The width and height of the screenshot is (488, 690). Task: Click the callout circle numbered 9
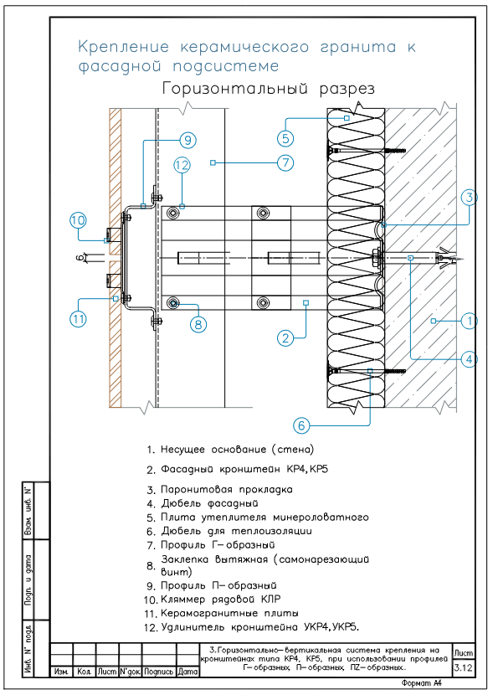tap(187, 141)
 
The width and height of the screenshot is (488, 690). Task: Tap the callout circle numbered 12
tap(182, 166)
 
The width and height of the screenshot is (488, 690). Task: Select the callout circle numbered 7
tap(285, 162)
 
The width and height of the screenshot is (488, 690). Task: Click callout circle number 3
tap(470, 198)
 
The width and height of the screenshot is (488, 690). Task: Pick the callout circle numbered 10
tap(79, 221)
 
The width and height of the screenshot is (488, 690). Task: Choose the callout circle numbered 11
tap(79, 319)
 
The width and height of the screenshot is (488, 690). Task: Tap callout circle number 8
tap(198, 324)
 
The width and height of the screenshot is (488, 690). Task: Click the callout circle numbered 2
tap(285, 338)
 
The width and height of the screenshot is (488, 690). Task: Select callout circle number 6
tap(301, 425)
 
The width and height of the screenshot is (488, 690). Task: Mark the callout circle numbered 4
tap(470, 359)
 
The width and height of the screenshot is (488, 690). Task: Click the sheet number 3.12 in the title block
tap(464, 668)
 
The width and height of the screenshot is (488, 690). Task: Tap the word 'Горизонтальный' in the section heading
tap(234, 90)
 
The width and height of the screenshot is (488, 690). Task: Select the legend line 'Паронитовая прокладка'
tap(227, 489)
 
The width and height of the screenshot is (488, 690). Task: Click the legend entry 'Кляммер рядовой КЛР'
tap(220, 600)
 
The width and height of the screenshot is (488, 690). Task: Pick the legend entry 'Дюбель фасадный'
tap(209, 502)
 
